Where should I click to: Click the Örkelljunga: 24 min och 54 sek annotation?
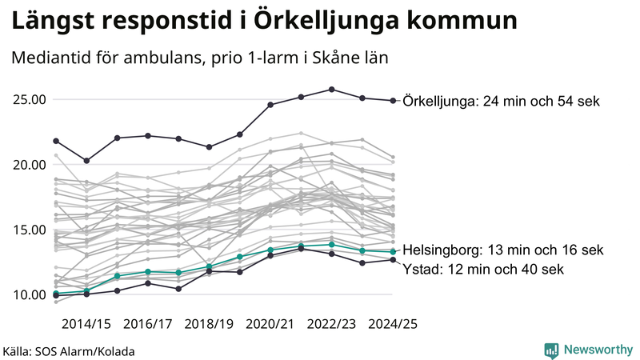coord(502,101)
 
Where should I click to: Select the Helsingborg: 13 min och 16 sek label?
coord(502,250)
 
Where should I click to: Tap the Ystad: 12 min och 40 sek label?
coord(483,270)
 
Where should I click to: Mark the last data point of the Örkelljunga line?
coord(392,101)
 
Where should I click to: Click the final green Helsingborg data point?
coord(392,251)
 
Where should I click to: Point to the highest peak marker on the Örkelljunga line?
coord(331,90)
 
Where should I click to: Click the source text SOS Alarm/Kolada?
coord(69,351)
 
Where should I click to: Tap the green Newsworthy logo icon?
coord(551,350)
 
